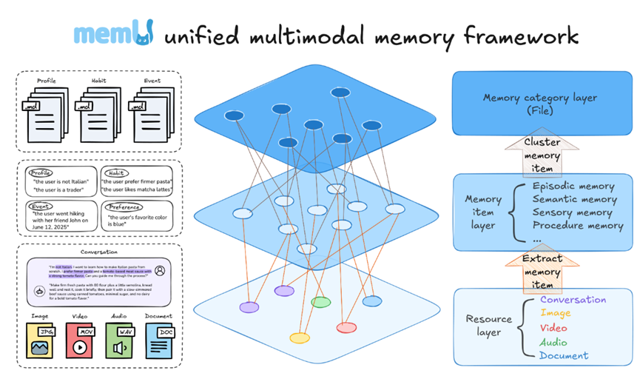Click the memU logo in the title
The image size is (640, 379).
[114, 34]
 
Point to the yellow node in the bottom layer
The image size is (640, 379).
[299, 338]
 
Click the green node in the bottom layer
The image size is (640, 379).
[320, 302]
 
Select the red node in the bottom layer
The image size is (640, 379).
[346, 327]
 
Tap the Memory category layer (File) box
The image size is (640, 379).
[539, 104]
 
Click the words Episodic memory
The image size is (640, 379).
[573, 187]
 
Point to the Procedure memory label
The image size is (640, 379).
[577, 226]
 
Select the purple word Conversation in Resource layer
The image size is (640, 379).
[573, 300]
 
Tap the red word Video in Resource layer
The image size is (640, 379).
[554, 328]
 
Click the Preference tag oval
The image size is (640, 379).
[123, 207]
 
